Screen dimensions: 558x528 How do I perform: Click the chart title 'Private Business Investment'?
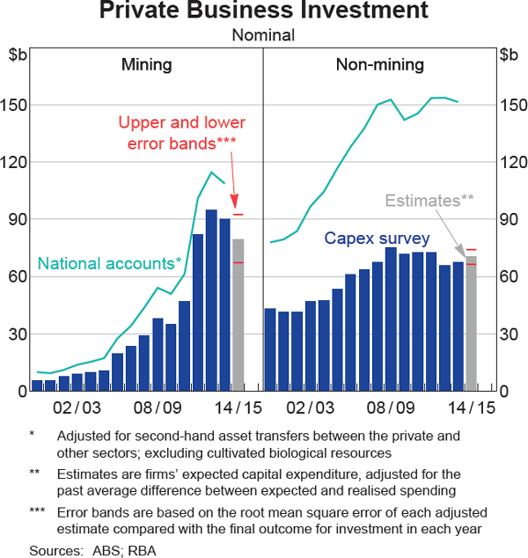pos(263,11)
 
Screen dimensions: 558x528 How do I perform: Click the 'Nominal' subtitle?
pos(263,35)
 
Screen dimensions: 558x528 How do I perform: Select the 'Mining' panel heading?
pos(146,64)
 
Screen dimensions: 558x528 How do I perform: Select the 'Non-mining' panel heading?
pos(379,64)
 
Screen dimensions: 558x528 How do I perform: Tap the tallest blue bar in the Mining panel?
pos(211,299)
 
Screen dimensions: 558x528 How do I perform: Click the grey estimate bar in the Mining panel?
pos(238,314)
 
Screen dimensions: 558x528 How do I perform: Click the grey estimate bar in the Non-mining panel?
pos(471,323)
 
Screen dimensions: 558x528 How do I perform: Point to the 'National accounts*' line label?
pos(110,262)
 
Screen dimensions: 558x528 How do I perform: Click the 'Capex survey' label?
pos(377,239)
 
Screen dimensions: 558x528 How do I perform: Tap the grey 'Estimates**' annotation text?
pos(429,201)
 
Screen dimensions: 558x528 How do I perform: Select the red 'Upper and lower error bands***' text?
pos(181,132)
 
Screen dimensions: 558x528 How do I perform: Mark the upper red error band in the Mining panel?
pos(238,215)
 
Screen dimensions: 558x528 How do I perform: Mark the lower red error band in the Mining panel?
pos(238,262)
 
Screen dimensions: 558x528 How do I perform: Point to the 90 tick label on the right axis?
pos(508,220)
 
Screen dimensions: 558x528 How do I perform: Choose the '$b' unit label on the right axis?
pos(509,55)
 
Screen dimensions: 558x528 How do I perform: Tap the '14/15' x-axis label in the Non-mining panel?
pos(472,408)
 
